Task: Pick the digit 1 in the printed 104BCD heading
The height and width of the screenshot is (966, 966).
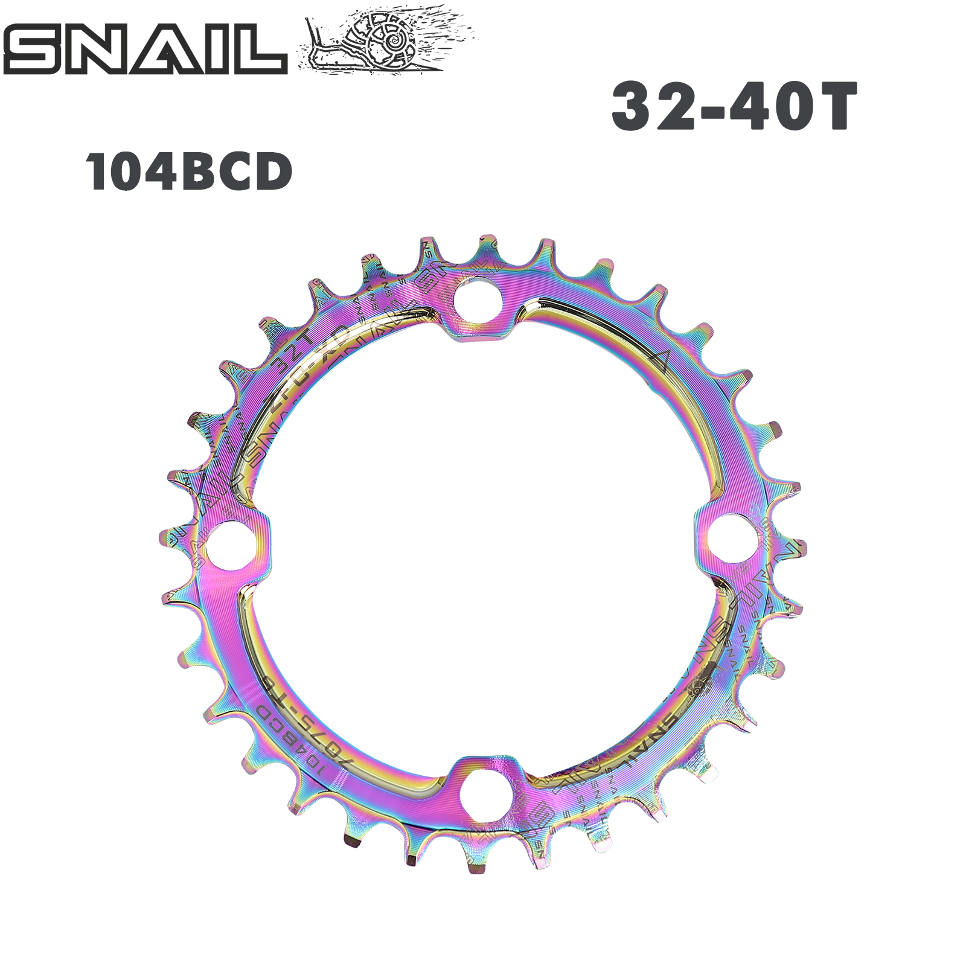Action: point(97,172)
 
